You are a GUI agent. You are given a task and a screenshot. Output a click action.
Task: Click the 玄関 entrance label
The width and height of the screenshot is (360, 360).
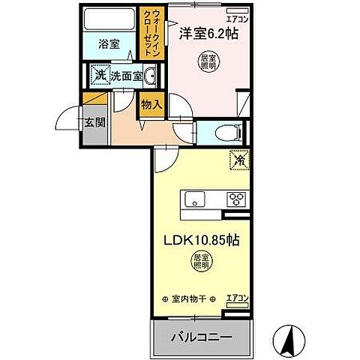(91, 122)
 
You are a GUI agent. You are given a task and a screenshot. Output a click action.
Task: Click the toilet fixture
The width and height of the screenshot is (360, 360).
(226, 133)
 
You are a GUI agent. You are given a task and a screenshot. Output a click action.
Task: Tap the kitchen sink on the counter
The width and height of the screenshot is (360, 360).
(195, 199)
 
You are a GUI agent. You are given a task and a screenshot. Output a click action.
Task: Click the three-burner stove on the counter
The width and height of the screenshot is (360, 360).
(237, 199)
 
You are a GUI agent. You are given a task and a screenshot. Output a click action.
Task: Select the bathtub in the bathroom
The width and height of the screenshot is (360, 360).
(109, 19)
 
